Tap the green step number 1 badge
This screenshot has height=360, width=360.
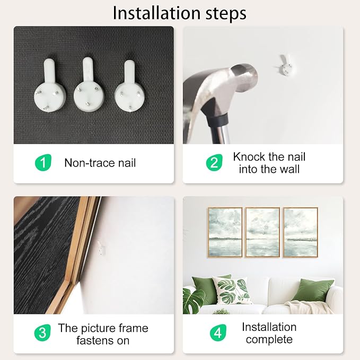43,163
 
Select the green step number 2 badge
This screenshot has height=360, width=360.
214,163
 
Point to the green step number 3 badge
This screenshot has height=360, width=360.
42,332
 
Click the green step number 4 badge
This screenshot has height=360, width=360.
218,332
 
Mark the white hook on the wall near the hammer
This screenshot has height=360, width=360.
286,66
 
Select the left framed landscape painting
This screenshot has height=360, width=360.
225,232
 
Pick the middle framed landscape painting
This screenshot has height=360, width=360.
262,232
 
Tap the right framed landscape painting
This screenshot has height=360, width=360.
301,232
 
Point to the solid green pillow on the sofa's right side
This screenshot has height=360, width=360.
313,290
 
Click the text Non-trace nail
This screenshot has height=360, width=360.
100,163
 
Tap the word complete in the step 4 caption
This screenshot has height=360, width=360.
269,339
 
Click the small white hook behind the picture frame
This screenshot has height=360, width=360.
101,248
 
